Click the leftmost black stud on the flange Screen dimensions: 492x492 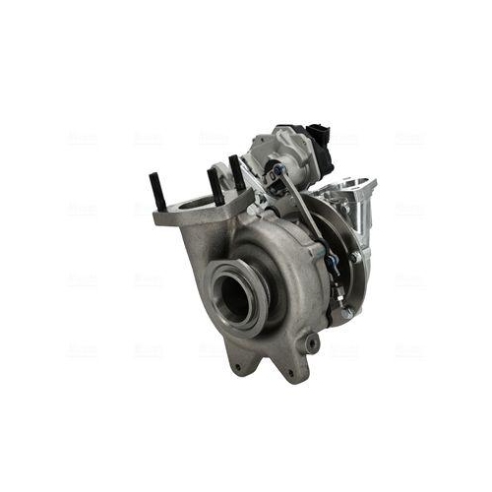[158, 191]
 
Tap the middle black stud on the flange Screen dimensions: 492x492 [215, 184]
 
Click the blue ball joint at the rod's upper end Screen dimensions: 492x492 [278, 169]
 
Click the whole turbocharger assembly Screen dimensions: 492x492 [266, 251]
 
